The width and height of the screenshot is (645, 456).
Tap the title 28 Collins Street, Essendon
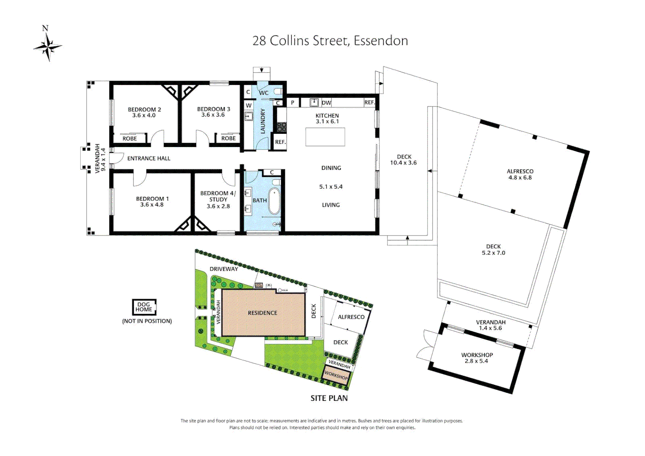pos(330,41)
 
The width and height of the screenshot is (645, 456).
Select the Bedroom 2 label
pos(144,109)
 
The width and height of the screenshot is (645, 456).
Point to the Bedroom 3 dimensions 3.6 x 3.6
pos(213,115)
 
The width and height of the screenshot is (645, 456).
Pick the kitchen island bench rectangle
pos(325,137)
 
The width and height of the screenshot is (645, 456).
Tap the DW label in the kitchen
pos(326,103)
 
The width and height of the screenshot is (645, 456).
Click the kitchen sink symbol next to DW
pos(314,102)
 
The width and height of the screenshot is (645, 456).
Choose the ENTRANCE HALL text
pos(149,158)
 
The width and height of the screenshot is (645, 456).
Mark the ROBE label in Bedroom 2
pos(130,138)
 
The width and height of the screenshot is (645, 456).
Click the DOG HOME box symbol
pos(144,307)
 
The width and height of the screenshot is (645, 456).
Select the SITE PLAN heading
pos(329,398)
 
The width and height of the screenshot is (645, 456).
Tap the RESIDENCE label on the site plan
pos(263,313)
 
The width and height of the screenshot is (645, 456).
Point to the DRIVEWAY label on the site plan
pos(224,269)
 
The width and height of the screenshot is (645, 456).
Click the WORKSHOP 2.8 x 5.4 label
pos(477,358)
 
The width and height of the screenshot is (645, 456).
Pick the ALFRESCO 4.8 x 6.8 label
pos(520,174)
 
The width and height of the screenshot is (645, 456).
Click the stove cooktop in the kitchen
pos(281,126)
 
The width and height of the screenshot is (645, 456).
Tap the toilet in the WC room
pos(278,91)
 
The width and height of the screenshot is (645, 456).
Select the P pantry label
pos(293,103)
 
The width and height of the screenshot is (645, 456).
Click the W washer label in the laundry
pos(249,106)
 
